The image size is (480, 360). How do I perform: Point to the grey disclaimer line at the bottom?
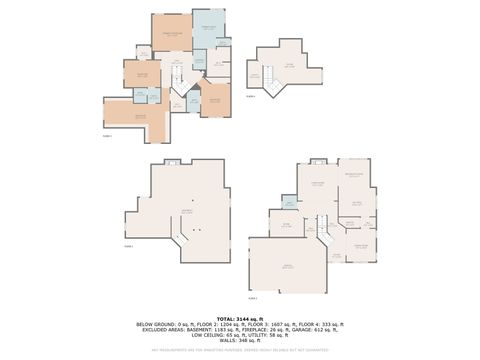240,350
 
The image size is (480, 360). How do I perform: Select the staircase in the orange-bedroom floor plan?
176,74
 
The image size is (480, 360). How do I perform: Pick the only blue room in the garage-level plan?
290,204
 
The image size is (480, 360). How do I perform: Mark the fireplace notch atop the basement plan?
172,162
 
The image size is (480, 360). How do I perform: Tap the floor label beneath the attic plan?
251,97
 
